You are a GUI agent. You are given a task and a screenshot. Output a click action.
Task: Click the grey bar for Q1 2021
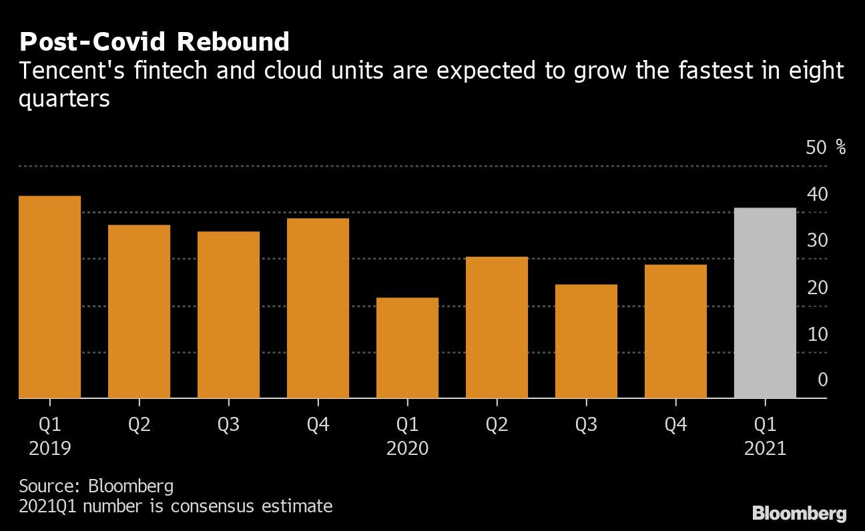765,303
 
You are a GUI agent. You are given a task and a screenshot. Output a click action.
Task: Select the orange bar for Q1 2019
50,297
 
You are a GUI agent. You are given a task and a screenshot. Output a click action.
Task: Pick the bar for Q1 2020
407,348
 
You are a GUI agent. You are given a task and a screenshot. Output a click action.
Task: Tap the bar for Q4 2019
318,308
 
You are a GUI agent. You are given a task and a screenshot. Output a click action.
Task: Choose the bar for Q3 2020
586,341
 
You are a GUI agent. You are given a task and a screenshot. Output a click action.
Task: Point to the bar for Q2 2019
139,312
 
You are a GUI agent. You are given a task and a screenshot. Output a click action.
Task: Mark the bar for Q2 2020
497,327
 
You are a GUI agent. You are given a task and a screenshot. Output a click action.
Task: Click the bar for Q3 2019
228,315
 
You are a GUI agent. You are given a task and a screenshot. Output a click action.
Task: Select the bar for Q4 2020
675,331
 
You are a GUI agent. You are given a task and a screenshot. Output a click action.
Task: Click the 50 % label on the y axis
826,147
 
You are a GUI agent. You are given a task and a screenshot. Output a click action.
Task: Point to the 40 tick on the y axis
817,194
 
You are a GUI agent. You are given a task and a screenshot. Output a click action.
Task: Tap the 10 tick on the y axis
817,334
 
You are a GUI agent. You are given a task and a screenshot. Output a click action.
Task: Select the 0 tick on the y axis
822,380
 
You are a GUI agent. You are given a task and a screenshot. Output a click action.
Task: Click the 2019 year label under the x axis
50,448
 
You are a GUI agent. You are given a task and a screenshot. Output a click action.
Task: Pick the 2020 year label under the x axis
407,448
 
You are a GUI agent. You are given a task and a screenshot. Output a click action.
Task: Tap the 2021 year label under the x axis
765,448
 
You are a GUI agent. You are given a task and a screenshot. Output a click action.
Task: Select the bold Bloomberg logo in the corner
800,513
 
